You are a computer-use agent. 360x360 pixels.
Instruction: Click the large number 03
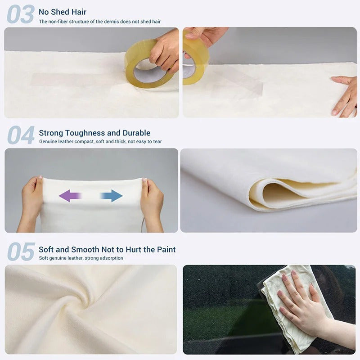pos(20,14)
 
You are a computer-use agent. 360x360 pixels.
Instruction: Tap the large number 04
pos(21,135)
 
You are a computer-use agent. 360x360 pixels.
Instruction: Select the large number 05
pos(21,252)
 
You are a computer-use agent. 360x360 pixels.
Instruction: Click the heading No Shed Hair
pos(63,12)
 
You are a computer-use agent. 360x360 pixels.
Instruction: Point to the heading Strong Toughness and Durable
pos(94,133)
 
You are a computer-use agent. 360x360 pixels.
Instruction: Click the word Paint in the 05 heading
pos(166,249)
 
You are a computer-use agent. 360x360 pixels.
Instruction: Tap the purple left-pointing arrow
pos(70,196)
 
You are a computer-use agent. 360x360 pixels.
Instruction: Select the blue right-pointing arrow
pos(111,196)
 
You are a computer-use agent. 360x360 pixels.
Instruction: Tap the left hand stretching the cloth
pos(31,202)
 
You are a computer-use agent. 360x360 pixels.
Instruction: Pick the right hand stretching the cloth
pos(152,202)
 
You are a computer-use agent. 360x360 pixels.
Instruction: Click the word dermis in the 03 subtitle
pos(111,22)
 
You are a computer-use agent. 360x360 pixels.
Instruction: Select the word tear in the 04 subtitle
pos(157,141)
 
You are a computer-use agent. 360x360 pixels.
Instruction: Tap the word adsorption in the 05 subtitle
pos(111,258)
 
